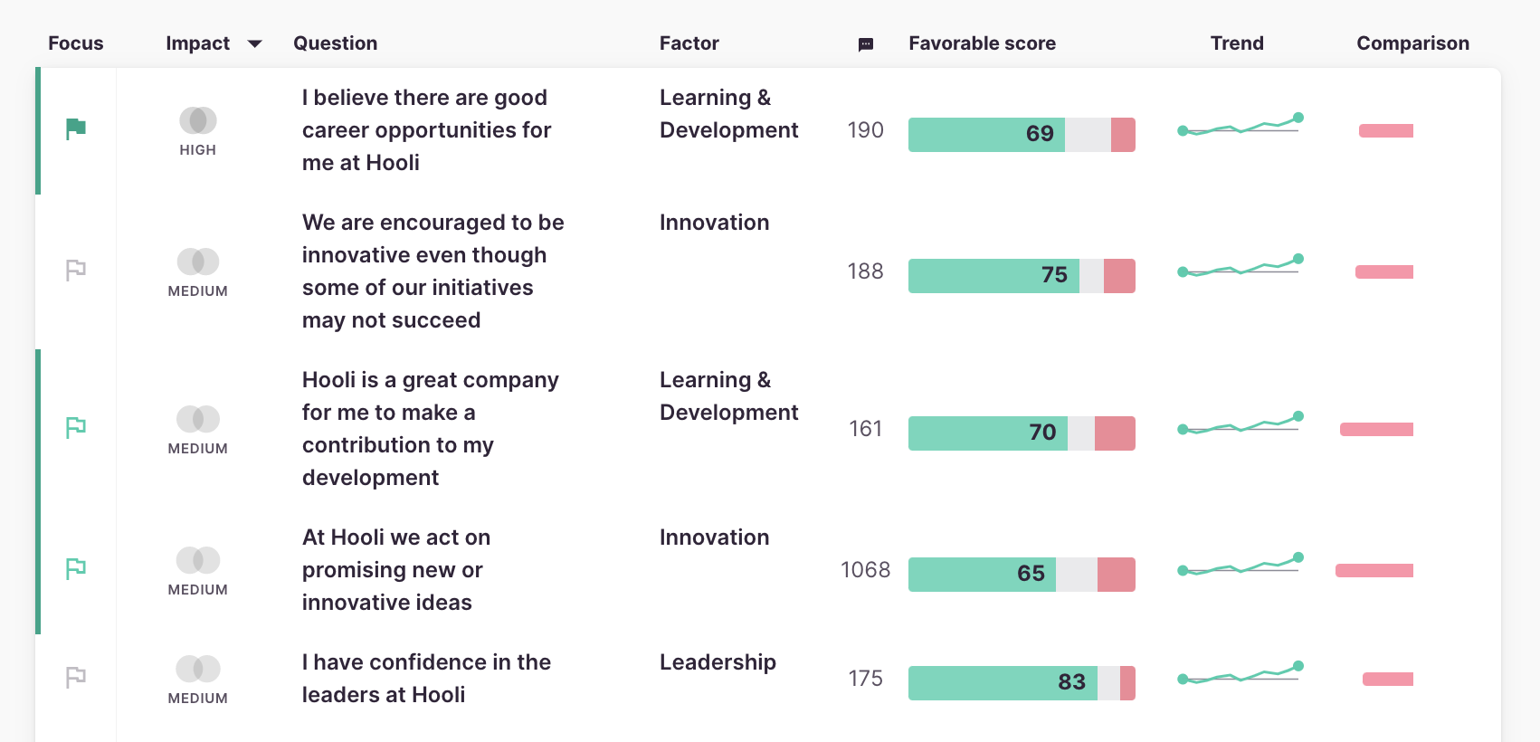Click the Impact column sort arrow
[255, 43]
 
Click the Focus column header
[75, 43]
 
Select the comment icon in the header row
[866, 44]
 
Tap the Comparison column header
[1412, 43]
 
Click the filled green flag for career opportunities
[76, 129]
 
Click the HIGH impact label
[197, 150]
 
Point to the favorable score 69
[1040, 134]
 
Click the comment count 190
[865, 130]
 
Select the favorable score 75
[1054, 275]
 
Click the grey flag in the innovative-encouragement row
[76, 270]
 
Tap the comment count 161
[865, 429]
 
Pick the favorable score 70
[1042, 433]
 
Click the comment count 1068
[865, 570]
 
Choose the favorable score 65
[1031, 574]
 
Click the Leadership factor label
[718, 662]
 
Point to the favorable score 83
[1071, 682]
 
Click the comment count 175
[865, 679]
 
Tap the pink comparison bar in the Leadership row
[1388, 680]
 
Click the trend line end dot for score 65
[1298, 557]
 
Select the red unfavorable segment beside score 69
[1123, 135]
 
